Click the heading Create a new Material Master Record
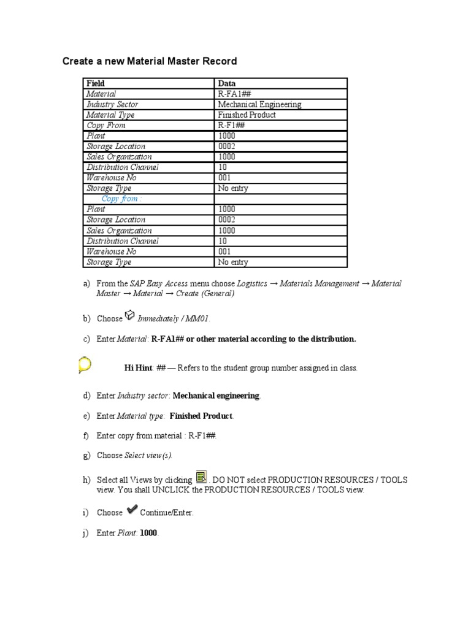pos(150,61)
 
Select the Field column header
pos(96,83)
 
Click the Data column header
pos(227,83)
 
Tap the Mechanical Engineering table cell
pos(259,104)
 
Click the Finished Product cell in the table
pos(247,115)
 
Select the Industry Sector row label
pos(112,104)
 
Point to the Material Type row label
pos(110,115)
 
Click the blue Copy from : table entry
pos(121,199)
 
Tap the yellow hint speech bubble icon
pos(85,366)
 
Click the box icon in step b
pos(129,315)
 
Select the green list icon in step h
pos(201,478)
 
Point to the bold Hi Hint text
pos(138,368)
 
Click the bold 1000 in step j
pos(148,534)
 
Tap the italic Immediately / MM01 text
pos(174,319)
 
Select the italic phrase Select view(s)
pos(148,455)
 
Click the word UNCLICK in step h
pos(183,490)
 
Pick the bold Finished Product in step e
pos(201,416)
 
